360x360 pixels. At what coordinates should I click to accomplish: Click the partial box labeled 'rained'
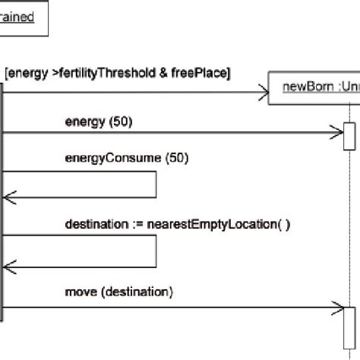pos(23,17)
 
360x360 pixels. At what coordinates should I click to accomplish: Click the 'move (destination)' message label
pos(119,291)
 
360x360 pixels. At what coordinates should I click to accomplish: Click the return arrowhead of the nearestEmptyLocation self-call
pos(8,266)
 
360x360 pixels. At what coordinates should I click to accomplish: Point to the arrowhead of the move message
pos(339,308)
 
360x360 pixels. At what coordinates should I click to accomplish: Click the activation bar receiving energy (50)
pos(349,136)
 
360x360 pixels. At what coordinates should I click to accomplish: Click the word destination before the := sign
pos(96,224)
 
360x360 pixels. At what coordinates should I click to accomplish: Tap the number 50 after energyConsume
pos(176,159)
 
